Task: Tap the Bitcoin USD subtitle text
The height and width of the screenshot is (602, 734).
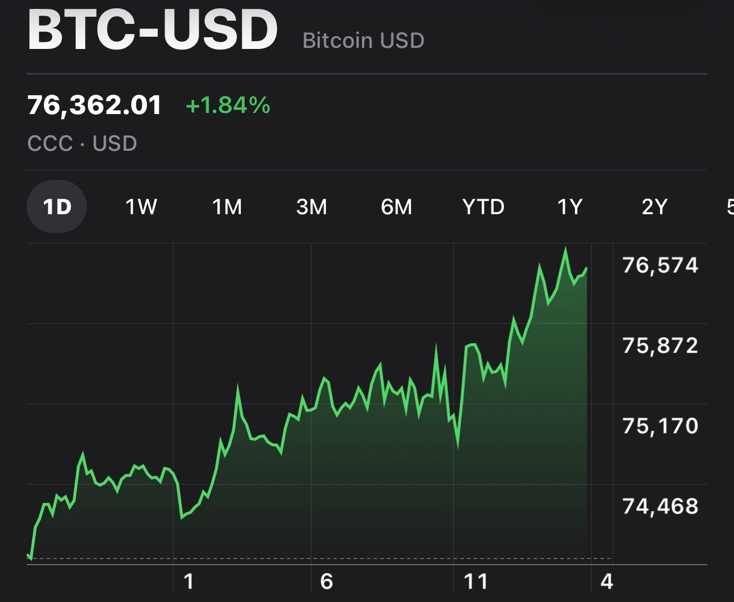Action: point(363,41)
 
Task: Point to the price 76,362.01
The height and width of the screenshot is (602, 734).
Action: point(95,105)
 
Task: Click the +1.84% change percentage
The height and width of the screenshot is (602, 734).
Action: point(228,105)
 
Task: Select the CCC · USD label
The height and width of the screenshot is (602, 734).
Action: point(82,144)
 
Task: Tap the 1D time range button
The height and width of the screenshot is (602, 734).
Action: point(57,207)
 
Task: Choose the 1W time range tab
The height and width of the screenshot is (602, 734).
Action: point(141,207)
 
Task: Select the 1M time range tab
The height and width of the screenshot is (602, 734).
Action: point(227,207)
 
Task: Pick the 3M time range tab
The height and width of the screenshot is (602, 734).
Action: point(311,207)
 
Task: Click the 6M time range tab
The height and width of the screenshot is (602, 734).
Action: point(396,207)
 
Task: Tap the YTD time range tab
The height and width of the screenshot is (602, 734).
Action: point(483,207)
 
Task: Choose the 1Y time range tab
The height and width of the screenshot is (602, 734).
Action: point(570,207)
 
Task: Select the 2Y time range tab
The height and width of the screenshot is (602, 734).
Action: point(654,207)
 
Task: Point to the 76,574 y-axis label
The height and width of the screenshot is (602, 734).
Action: point(660,265)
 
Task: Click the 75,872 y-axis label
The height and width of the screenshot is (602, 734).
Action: point(660,346)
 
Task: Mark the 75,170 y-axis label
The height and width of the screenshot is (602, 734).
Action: point(660,426)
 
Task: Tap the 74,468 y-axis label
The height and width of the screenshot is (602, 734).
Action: point(660,506)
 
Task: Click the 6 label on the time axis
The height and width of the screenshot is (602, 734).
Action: point(326,581)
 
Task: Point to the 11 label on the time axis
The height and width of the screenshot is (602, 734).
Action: point(475,581)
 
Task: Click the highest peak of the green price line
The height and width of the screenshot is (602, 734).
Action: point(566,249)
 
